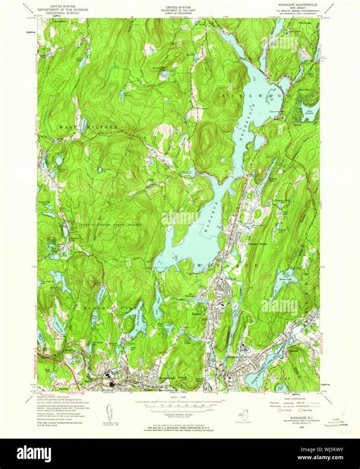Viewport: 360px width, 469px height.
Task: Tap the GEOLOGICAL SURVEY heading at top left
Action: click(x=61, y=13)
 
